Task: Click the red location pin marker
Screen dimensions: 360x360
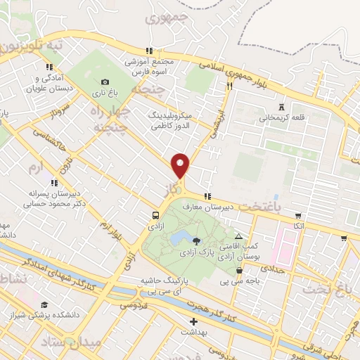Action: click(x=181, y=166)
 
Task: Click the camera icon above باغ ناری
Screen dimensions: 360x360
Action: click(x=105, y=82)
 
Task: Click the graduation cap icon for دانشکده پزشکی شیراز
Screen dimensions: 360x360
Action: click(x=44, y=304)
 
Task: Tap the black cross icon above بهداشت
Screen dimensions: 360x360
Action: click(x=193, y=321)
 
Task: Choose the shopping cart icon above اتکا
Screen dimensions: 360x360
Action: click(x=299, y=215)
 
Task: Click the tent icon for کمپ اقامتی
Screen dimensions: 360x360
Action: click(x=239, y=237)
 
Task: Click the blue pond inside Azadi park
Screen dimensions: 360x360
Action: click(x=179, y=238)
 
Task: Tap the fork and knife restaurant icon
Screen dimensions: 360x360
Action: click(x=229, y=86)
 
